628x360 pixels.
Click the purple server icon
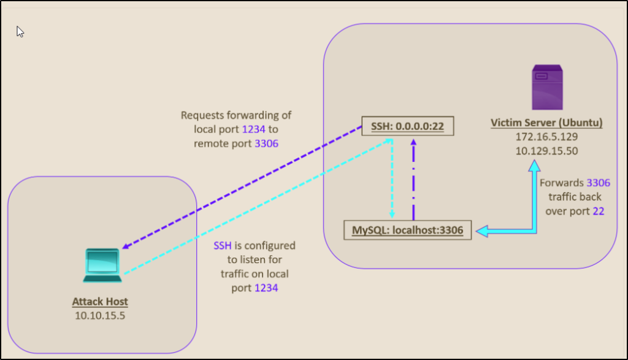pyautogui.click(x=546, y=90)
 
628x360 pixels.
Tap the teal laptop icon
pyautogui.click(x=102, y=266)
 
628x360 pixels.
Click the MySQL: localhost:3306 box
pyautogui.click(x=407, y=231)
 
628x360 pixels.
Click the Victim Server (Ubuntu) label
pyautogui.click(x=546, y=123)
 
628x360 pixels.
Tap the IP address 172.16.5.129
pyautogui.click(x=546, y=137)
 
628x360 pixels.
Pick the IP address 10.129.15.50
pyautogui.click(x=546, y=150)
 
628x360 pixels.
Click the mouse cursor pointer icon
pyautogui.click(x=20, y=31)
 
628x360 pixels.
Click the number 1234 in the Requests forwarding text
pyautogui.click(x=255, y=130)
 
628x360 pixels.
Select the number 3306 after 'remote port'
pyautogui.click(x=266, y=144)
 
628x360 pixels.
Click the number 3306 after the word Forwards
pyautogui.click(x=598, y=183)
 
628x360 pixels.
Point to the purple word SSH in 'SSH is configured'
pyautogui.click(x=222, y=245)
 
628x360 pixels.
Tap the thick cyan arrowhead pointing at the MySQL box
pyautogui.click(x=482, y=231)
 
